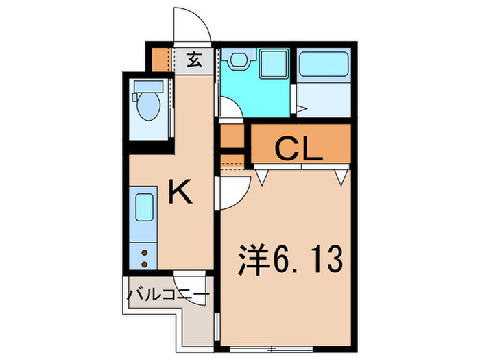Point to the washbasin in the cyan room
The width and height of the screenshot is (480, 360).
coord(238,60)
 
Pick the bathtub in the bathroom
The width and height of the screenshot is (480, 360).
coord(323,65)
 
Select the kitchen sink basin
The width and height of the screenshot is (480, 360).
coord(144,206)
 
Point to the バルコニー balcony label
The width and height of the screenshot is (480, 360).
coord(168,296)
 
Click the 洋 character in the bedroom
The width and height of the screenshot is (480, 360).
coord(251,261)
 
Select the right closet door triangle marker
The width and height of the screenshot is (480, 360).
coord(341,176)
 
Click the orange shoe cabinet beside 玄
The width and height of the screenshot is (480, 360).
coord(160,60)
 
